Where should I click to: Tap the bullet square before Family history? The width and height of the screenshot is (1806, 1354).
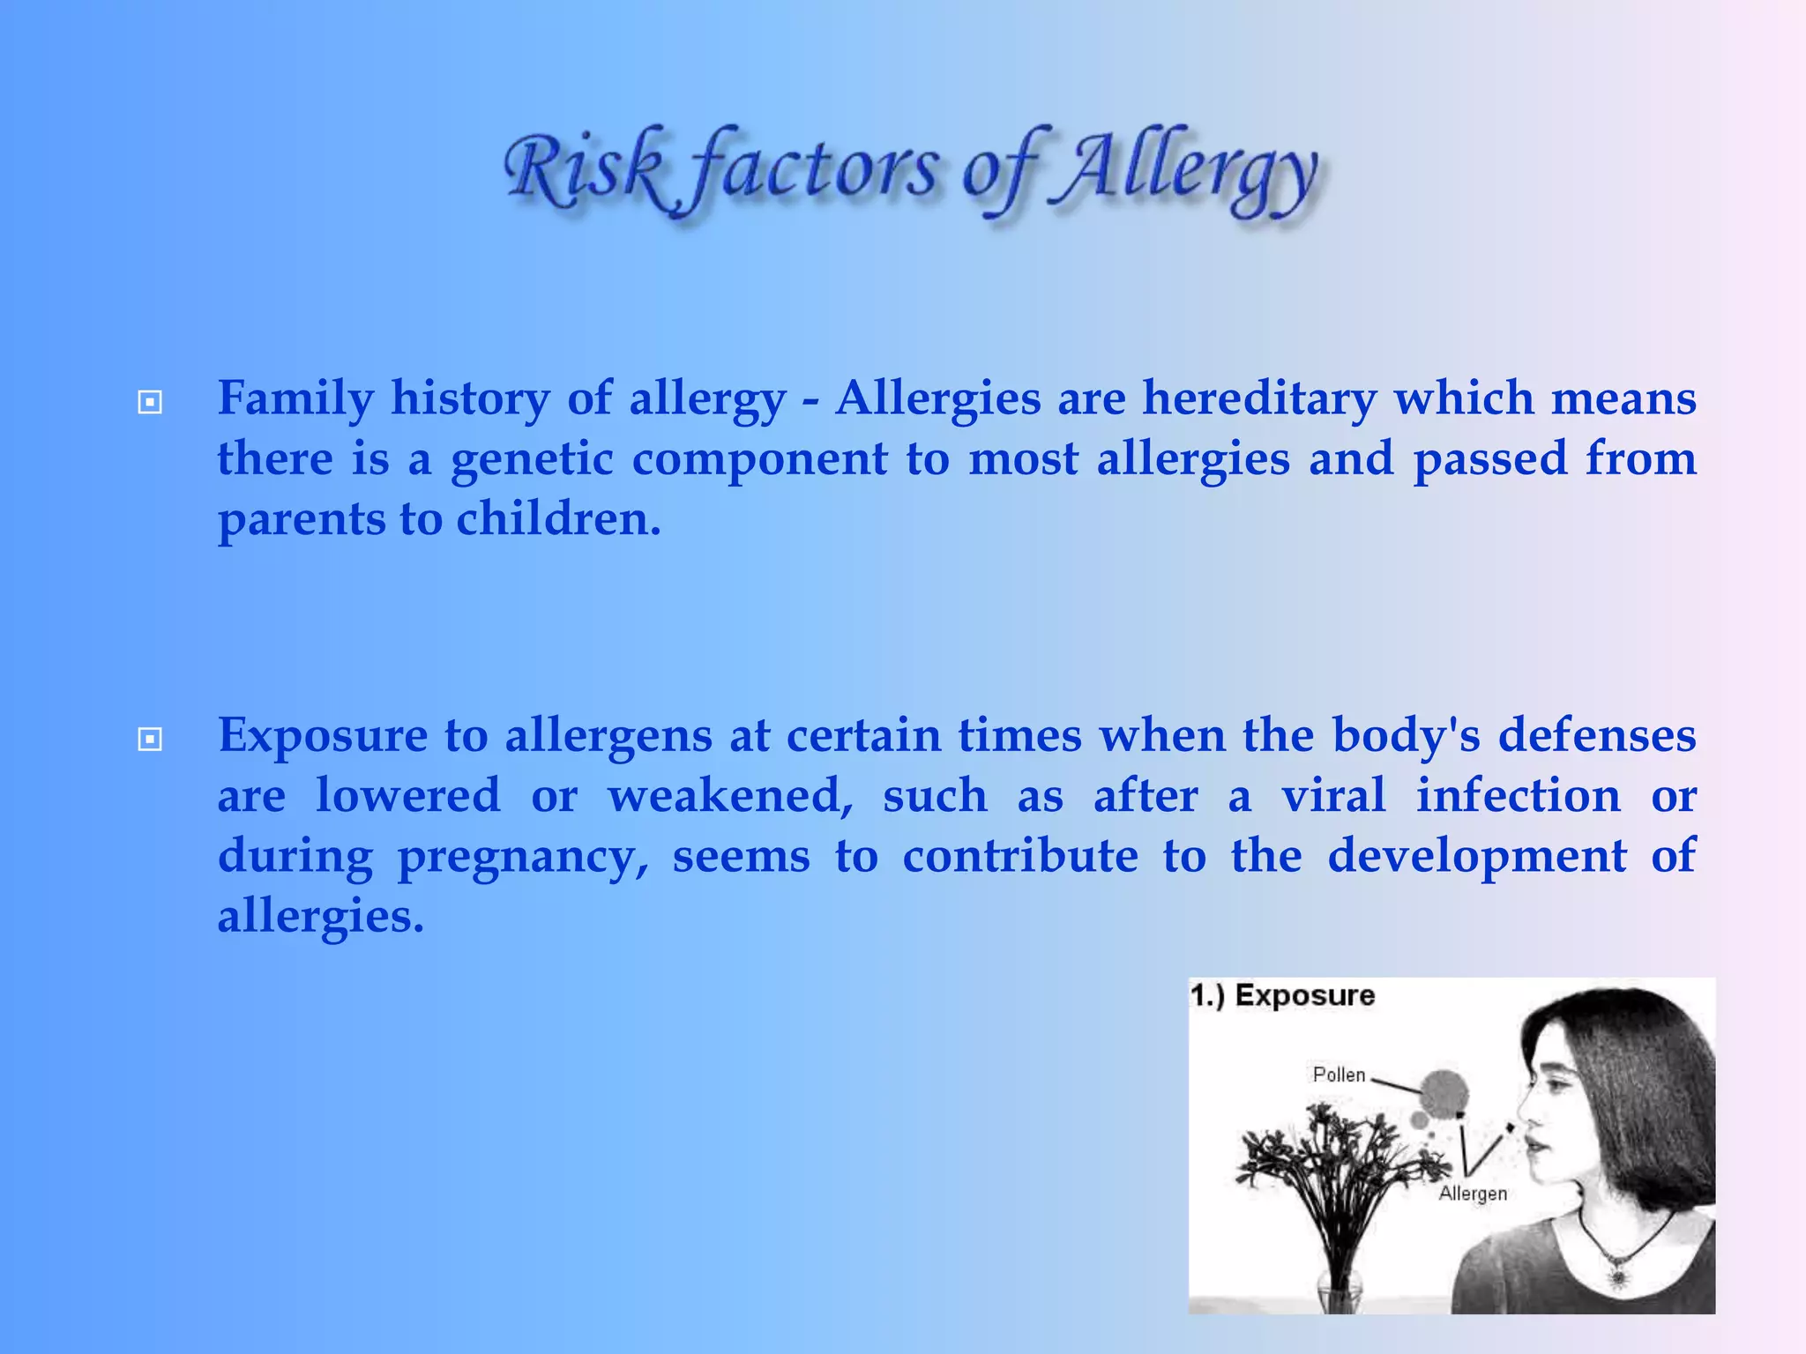click(x=151, y=403)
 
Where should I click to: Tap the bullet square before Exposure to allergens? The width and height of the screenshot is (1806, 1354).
click(x=151, y=739)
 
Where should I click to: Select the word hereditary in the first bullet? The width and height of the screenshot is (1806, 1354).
click(x=1258, y=398)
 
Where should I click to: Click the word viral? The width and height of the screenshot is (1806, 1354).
click(x=1332, y=796)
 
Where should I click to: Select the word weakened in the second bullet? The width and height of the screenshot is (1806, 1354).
click(x=730, y=796)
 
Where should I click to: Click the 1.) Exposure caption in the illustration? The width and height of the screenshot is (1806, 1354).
click(x=1282, y=995)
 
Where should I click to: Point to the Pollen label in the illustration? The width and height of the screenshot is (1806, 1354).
click(x=1338, y=1075)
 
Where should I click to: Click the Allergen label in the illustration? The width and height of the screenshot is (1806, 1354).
click(x=1472, y=1194)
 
